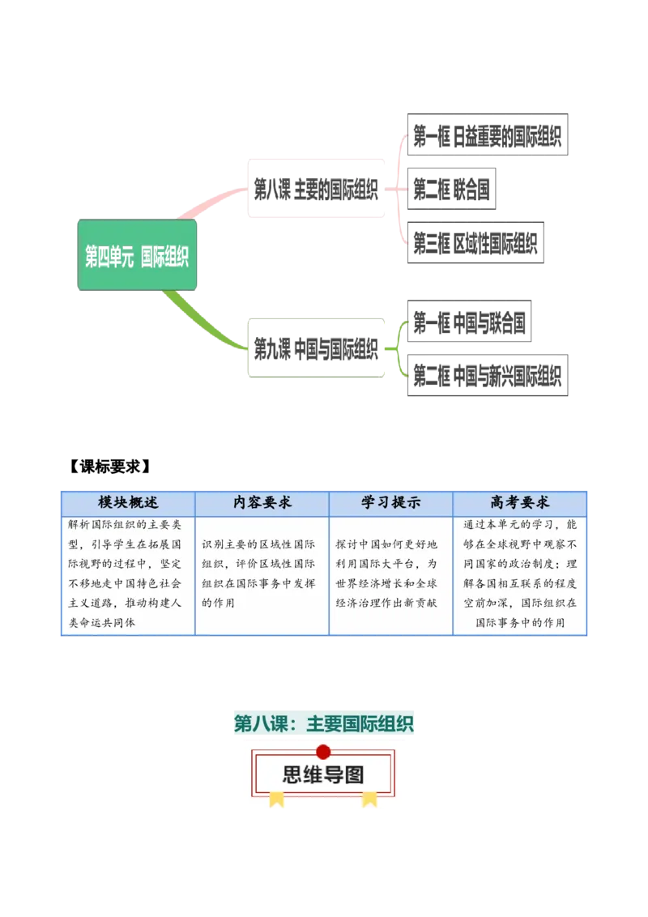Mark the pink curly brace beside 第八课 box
click(399, 188)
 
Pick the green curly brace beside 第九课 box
click(400, 349)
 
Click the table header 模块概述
click(127, 502)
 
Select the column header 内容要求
click(262, 502)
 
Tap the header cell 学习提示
click(390, 502)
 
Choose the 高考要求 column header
click(519, 502)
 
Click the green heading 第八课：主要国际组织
click(324, 724)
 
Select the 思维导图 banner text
click(323, 774)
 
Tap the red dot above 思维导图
click(323, 751)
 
